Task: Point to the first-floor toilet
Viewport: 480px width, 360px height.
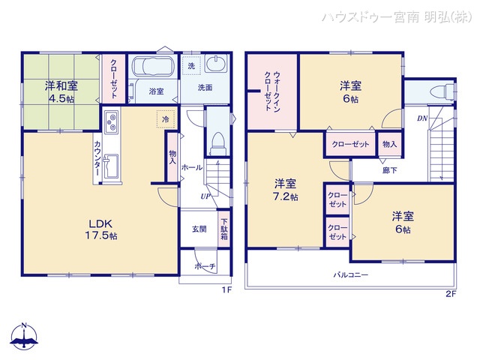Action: (217, 141)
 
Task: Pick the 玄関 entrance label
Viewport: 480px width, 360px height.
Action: (199, 229)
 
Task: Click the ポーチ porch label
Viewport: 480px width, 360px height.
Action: (205, 266)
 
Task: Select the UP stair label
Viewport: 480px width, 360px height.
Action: (204, 196)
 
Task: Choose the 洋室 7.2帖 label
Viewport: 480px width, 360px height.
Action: (284, 190)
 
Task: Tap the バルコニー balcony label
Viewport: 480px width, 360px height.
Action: (351, 274)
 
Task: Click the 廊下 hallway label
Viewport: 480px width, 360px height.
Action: (389, 169)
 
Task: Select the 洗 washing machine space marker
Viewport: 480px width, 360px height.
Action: (190, 66)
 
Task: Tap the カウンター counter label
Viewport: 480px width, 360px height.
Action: (98, 159)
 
